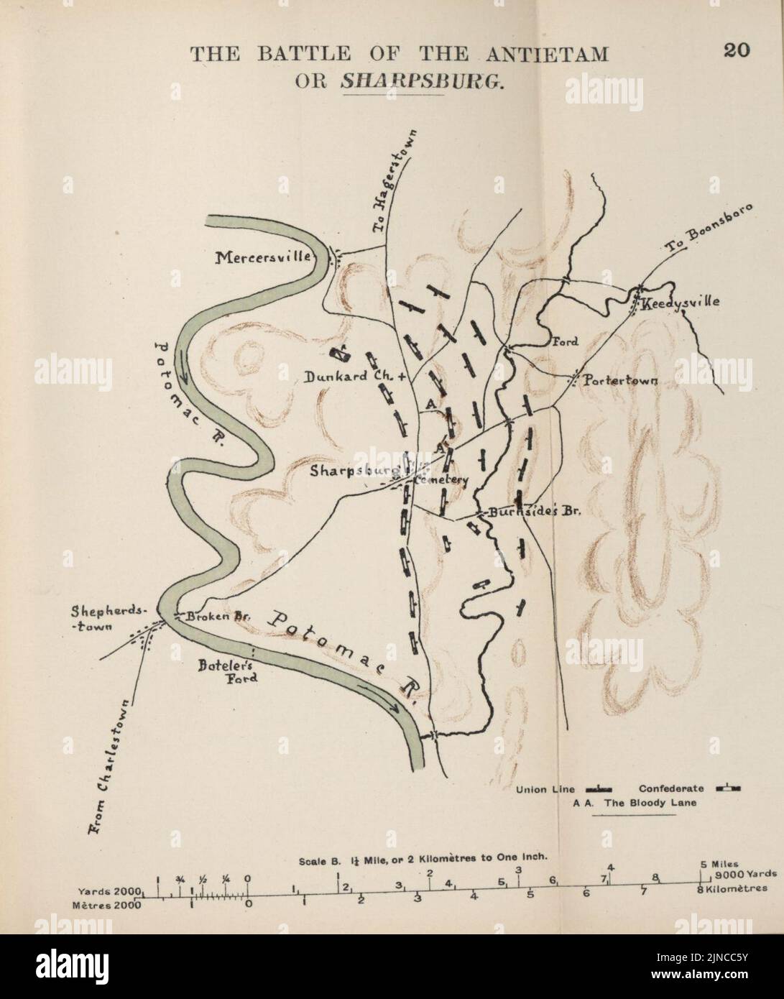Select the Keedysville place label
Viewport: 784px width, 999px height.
681,303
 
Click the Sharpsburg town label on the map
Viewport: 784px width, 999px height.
355,471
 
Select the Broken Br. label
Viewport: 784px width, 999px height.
209,616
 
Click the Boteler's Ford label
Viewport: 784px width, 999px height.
228,671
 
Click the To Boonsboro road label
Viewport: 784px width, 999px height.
707,229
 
